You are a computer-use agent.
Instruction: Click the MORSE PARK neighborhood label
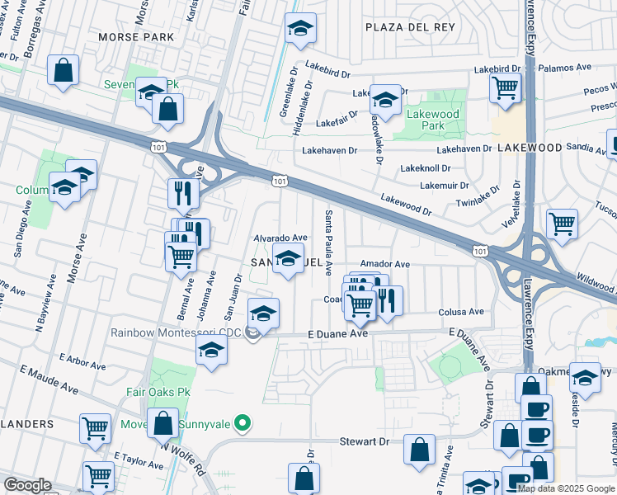point(136,37)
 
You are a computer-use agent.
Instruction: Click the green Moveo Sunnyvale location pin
point(242,423)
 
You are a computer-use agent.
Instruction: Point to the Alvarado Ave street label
point(280,238)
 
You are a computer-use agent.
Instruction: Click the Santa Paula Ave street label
point(329,243)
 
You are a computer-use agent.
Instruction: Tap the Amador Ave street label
point(384,264)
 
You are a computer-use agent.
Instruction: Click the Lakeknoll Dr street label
point(422,167)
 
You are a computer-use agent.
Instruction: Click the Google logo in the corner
point(27,485)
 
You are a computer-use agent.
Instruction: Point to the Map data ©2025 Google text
point(566,488)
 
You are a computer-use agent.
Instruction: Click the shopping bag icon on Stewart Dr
point(420,450)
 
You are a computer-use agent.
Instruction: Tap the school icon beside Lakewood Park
point(384,100)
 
